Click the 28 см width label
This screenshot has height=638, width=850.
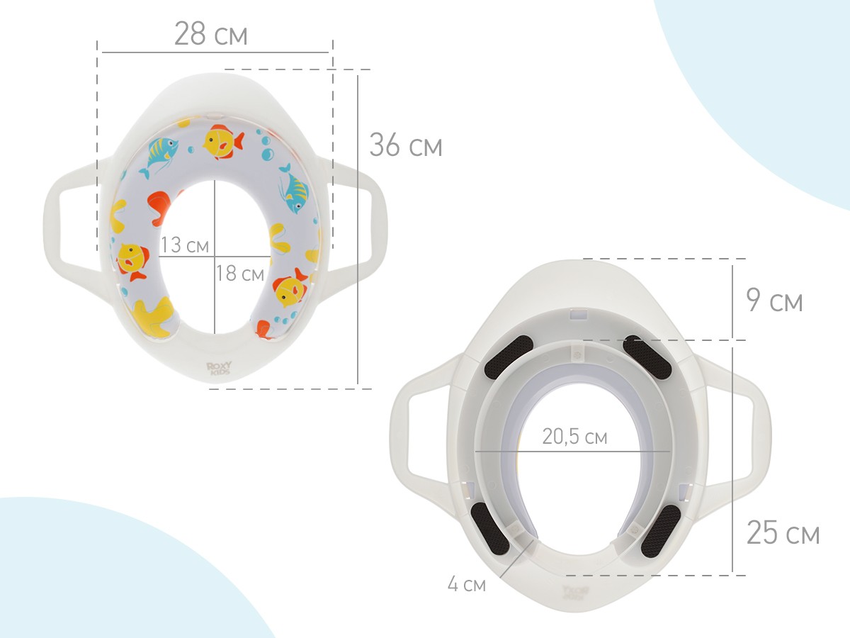point(210,34)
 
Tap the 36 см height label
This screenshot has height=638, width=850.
point(405,145)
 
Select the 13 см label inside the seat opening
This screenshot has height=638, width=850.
point(184,245)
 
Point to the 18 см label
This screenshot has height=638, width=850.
point(240,273)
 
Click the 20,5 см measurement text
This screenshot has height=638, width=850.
point(574,437)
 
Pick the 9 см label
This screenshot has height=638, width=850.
point(774,300)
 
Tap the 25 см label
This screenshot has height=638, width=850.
point(783,532)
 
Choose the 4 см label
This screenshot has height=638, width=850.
point(467,583)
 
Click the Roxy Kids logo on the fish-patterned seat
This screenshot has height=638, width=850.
point(218,368)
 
